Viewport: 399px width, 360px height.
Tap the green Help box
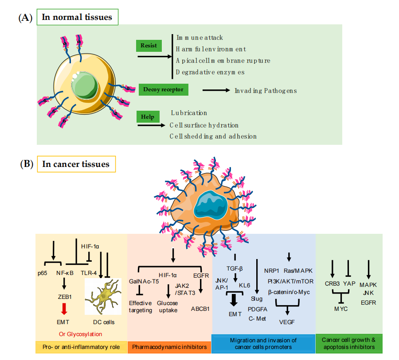148,117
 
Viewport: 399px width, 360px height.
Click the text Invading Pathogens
266,91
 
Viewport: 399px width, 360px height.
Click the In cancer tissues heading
76,164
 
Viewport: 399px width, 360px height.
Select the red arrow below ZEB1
64,308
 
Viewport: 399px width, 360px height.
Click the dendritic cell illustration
104,298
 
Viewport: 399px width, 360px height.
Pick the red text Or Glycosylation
81,334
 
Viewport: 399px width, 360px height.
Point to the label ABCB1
201,309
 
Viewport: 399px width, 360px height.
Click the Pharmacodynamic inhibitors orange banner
169,347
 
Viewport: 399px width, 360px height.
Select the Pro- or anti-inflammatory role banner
81,347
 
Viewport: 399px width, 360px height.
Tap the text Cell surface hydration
204,125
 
